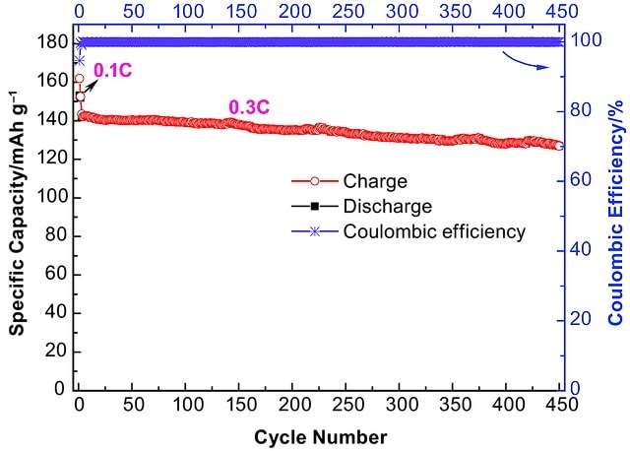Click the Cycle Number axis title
tap(320, 436)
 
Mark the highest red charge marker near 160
tap(80, 79)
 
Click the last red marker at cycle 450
tap(559, 146)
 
